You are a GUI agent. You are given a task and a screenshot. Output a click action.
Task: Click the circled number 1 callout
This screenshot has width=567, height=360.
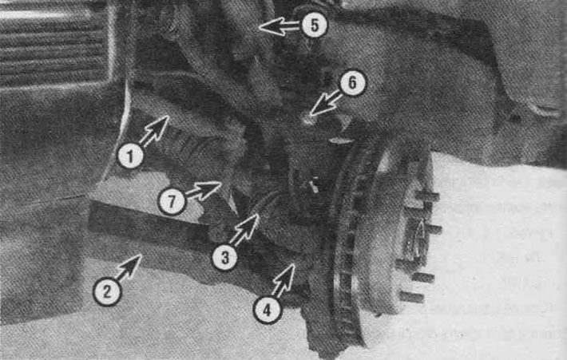point(130,156)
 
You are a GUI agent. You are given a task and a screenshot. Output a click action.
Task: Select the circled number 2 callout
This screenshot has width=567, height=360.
point(107,291)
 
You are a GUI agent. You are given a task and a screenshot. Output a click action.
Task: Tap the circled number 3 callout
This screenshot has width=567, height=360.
point(225,257)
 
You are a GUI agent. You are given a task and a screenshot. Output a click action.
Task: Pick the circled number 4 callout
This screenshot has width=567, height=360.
point(267,310)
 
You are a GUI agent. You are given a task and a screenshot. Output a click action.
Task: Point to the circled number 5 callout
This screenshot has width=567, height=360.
point(314,26)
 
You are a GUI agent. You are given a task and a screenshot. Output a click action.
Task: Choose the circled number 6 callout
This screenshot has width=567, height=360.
point(352,83)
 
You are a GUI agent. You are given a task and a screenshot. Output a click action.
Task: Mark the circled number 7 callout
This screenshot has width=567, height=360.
point(172,201)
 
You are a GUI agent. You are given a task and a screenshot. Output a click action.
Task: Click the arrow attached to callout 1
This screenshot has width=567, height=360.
point(153,130)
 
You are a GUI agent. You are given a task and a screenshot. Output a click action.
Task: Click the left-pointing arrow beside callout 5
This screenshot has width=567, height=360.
point(279,26)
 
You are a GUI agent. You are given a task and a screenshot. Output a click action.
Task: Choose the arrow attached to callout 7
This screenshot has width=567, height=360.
point(203,190)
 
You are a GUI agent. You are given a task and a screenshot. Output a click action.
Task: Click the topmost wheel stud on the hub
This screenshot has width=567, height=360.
point(426,197)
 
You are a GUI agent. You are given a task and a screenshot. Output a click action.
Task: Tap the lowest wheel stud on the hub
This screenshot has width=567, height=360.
point(411,297)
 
